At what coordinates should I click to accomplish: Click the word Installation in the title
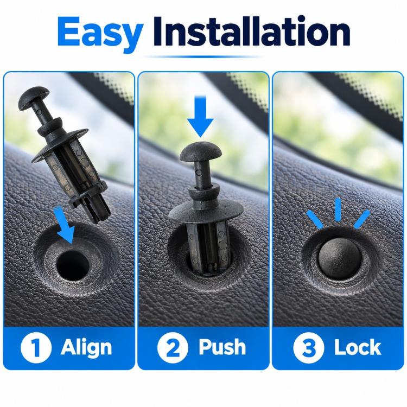251,31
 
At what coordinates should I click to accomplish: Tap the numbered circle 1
36,347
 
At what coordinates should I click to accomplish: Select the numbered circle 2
173,347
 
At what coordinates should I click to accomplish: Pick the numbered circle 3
309,347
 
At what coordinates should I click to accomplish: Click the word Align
86,348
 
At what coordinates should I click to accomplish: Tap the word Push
222,347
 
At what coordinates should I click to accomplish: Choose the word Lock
358,347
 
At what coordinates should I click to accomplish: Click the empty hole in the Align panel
72,265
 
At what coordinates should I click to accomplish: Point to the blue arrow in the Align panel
64,225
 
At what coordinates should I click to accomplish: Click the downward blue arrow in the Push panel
200,116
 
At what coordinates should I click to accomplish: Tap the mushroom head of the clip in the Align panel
34,98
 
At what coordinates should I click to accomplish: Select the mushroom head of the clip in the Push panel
201,152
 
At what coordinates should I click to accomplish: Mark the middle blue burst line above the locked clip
338,209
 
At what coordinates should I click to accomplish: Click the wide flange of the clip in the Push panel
206,212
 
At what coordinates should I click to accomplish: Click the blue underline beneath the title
202,56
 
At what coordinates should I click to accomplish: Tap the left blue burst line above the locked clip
315,220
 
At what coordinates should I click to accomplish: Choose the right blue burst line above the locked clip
361,219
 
